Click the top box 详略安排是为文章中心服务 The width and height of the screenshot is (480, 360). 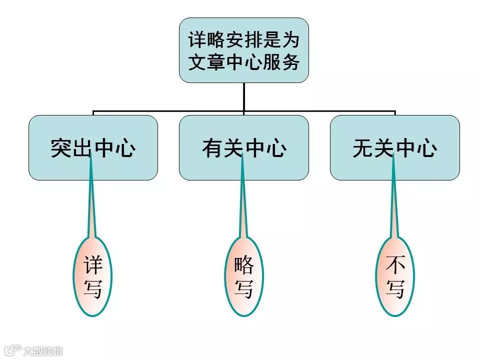(243, 50)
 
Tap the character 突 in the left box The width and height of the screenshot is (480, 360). (61, 148)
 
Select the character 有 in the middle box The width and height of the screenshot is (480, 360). (212, 148)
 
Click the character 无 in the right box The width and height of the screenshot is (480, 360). (363, 148)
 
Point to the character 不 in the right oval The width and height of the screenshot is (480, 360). (395, 265)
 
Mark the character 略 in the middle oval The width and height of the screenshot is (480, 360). (244, 265)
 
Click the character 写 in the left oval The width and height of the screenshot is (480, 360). (93, 288)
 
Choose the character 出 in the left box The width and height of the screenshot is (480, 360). (82, 148)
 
